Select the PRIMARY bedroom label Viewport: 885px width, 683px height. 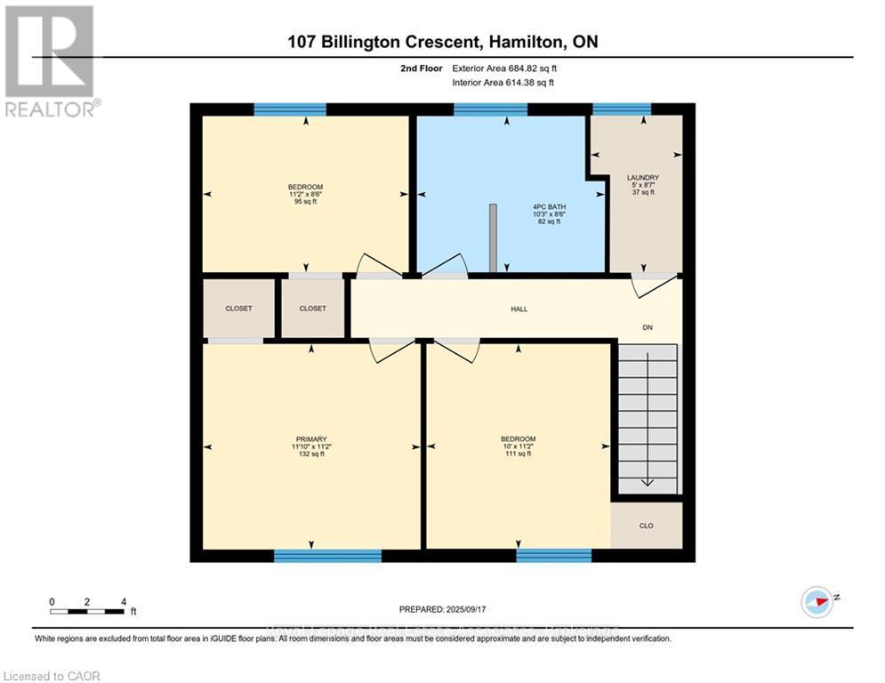pyautogui.click(x=311, y=438)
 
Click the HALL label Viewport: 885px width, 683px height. pyautogui.click(x=519, y=309)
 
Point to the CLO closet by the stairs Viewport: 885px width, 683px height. pyautogui.click(x=646, y=526)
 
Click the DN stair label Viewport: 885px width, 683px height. pyautogui.click(x=648, y=327)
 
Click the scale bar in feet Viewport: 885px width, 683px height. pyautogui.click(x=87, y=611)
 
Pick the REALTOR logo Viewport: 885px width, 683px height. pyautogui.click(x=50, y=60)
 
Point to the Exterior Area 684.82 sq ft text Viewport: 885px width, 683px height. pyautogui.click(x=505, y=67)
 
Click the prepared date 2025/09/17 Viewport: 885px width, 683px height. pyautogui.click(x=443, y=609)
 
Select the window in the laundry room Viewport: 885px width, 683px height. pyautogui.click(x=622, y=109)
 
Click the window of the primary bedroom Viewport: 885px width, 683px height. pyautogui.click(x=327, y=556)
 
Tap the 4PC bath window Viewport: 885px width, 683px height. pyautogui.click(x=490, y=109)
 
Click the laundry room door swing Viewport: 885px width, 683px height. pyautogui.click(x=654, y=285)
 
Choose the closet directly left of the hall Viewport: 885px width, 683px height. pyautogui.click(x=312, y=309)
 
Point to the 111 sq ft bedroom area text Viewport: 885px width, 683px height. pyautogui.click(x=518, y=454)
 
